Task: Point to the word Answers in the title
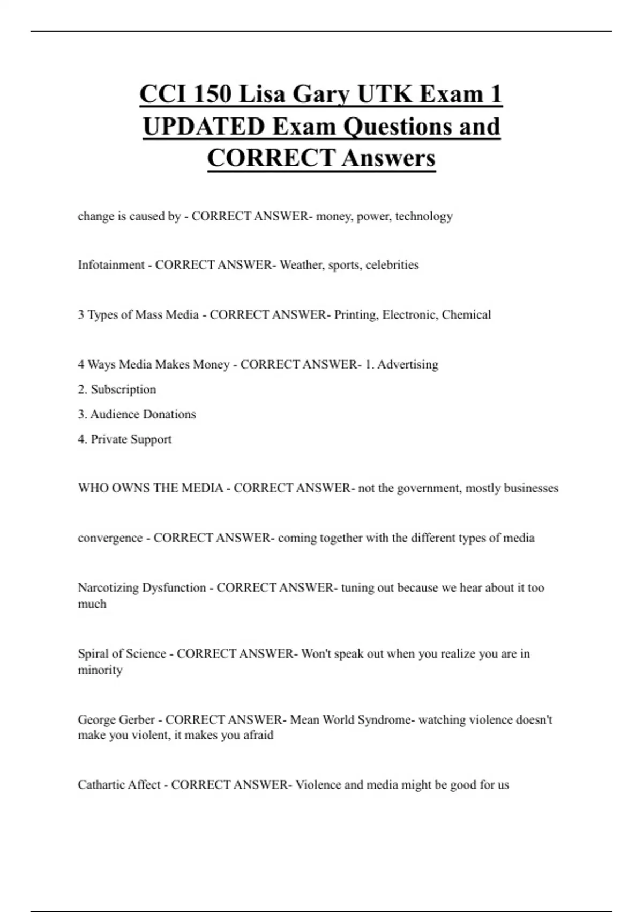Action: coord(388,158)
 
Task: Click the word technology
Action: coord(424,216)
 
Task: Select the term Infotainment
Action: coord(111,265)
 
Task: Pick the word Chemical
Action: coord(466,315)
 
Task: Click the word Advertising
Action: coord(408,365)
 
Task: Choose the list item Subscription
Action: coord(123,389)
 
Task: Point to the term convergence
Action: coord(109,538)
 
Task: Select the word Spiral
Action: coord(93,654)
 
